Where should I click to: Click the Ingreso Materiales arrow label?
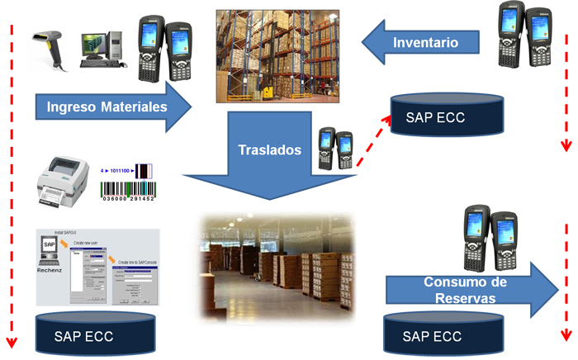tap(107, 107)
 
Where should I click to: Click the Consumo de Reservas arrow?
tap(471, 290)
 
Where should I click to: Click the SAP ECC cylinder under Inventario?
tap(448, 115)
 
